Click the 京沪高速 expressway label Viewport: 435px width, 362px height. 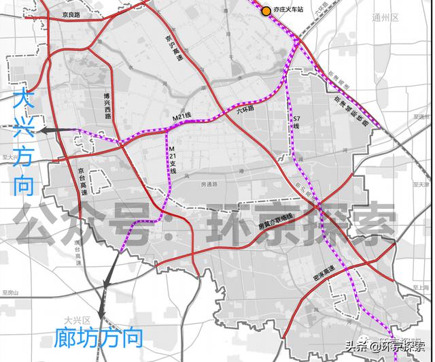click(173, 49)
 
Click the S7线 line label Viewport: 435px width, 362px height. click(296, 122)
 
